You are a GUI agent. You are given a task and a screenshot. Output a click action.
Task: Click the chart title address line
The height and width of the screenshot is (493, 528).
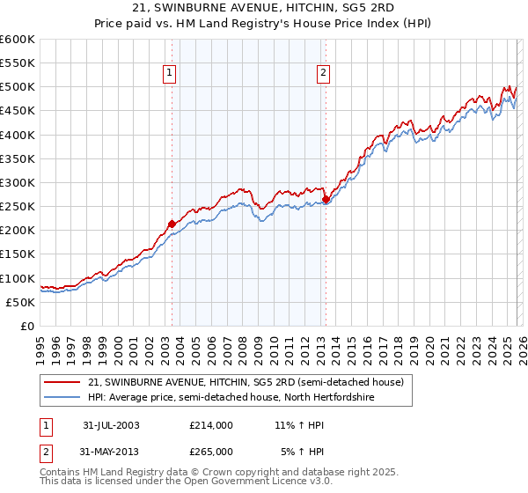pyautogui.click(x=264, y=8)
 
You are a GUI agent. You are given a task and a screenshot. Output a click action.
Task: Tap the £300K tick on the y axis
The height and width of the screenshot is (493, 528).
pyautogui.click(x=18, y=183)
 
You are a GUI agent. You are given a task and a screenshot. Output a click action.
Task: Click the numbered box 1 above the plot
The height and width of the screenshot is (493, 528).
pyautogui.click(x=169, y=74)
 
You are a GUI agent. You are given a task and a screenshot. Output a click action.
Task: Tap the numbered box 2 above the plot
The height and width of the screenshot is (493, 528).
pyautogui.click(x=324, y=74)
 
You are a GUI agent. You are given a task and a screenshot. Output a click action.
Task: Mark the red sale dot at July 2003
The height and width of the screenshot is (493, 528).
pyautogui.click(x=172, y=224)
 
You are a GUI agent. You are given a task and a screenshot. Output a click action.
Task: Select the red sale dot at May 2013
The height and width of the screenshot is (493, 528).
pyautogui.click(x=326, y=200)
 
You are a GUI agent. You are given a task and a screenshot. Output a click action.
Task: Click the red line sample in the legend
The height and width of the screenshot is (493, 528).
pyautogui.click(x=62, y=383)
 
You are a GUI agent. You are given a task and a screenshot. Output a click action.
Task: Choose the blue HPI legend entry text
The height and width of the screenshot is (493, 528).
pyautogui.click(x=231, y=398)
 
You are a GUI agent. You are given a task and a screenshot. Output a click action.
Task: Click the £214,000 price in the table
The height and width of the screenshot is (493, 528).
pyautogui.click(x=211, y=425)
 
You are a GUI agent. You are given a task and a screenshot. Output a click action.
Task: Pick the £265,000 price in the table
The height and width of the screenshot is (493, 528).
pyautogui.click(x=211, y=451)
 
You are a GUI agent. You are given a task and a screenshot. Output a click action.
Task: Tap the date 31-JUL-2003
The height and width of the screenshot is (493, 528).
pyautogui.click(x=111, y=425)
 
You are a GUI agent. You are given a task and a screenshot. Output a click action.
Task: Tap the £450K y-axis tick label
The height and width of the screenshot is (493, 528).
pyautogui.click(x=18, y=111)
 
